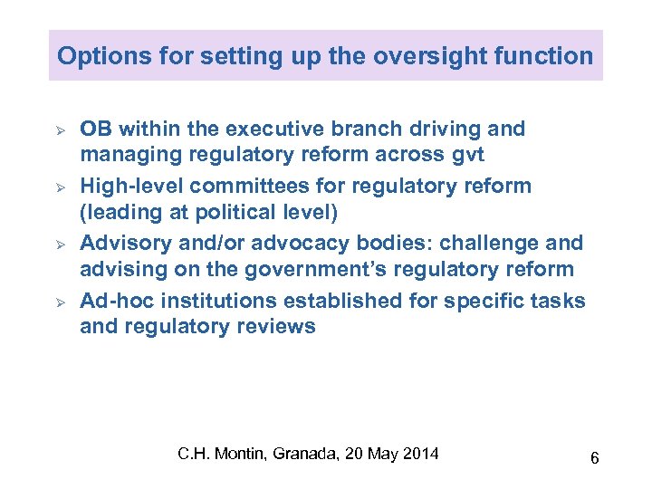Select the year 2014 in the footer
click(x=420, y=453)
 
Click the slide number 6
click(x=594, y=459)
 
